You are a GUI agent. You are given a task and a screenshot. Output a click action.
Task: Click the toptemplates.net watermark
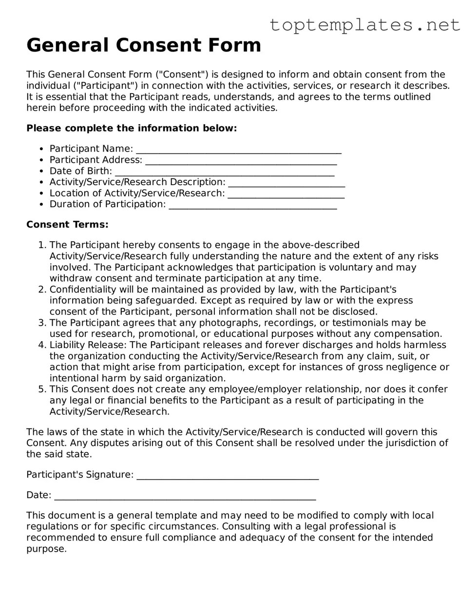(x=364, y=24)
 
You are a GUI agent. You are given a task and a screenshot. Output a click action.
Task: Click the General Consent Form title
(x=144, y=45)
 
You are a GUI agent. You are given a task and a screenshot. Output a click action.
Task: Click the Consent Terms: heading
(x=67, y=225)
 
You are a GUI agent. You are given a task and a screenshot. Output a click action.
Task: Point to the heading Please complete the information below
(x=132, y=128)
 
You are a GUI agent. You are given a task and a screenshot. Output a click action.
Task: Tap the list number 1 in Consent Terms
(x=41, y=245)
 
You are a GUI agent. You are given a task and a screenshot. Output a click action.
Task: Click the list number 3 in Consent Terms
(x=41, y=323)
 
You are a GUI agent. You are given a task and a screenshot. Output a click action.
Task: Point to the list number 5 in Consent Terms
(x=41, y=389)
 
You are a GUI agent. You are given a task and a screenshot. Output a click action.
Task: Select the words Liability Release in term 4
(x=87, y=345)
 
